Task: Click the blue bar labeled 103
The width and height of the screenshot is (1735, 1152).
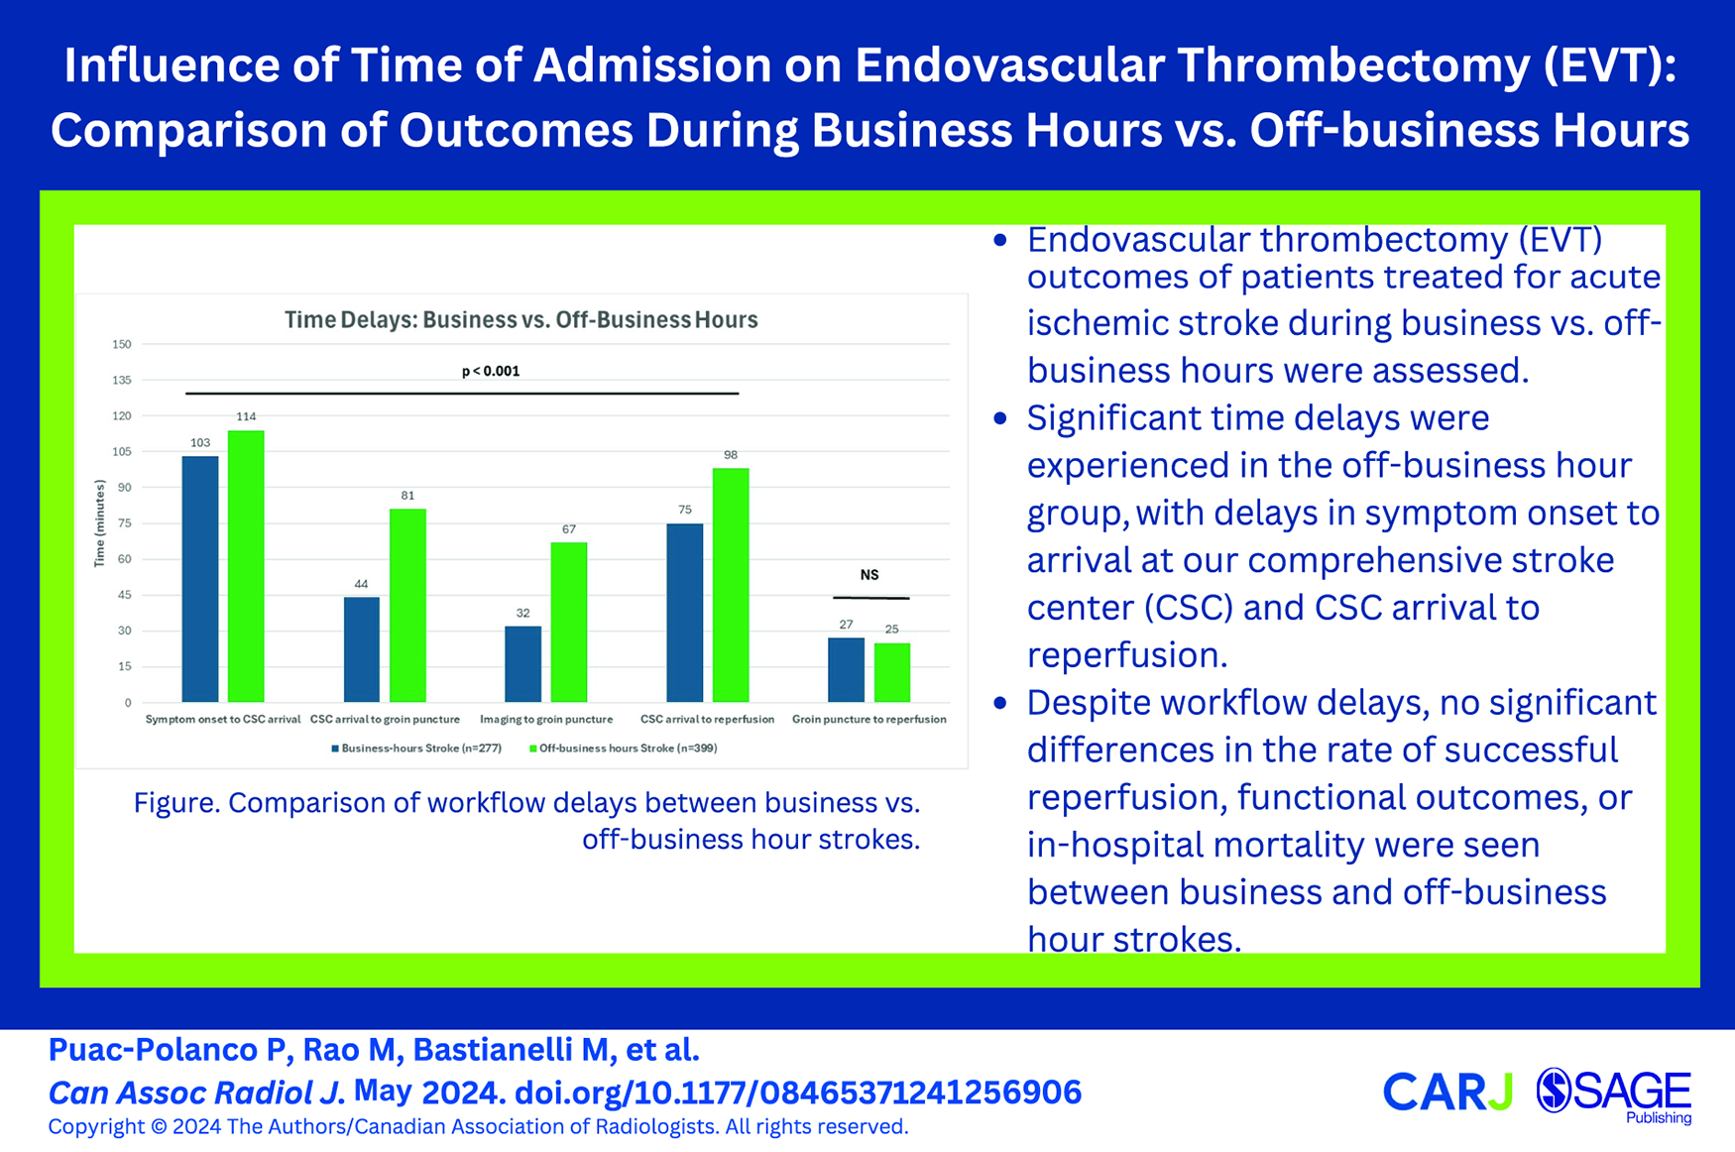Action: (x=200, y=579)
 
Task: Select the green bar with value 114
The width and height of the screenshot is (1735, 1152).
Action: (x=246, y=566)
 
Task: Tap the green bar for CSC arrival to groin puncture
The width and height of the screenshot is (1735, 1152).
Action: (x=407, y=606)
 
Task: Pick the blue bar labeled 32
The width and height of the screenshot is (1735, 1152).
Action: (x=522, y=664)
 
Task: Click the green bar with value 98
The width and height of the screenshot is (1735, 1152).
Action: (x=731, y=585)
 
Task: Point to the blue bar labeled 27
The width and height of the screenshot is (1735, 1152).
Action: (x=846, y=670)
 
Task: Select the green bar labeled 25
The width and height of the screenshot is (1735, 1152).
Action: (x=892, y=672)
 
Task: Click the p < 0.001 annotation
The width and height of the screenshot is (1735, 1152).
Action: (x=491, y=371)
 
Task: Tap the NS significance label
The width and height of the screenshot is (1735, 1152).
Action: (x=869, y=575)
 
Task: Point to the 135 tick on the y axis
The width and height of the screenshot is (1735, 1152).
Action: (x=121, y=380)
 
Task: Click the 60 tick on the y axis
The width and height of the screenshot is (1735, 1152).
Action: (x=124, y=559)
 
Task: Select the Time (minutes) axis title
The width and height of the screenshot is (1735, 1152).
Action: (x=99, y=523)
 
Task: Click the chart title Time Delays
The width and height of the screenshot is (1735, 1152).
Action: (x=521, y=319)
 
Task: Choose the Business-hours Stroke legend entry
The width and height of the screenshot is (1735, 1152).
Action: (x=416, y=749)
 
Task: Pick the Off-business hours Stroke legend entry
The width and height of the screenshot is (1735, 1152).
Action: (x=623, y=749)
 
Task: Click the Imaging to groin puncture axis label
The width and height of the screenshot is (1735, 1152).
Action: (x=546, y=719)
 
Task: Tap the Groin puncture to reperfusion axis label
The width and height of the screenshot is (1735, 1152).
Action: (x=869, y=719)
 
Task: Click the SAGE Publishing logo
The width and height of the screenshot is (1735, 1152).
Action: (x=1614, y=1095)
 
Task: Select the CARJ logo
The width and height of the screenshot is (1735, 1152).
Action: (x=1447, y=1092)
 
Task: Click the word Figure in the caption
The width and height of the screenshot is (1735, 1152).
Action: (x=174, y=803)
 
